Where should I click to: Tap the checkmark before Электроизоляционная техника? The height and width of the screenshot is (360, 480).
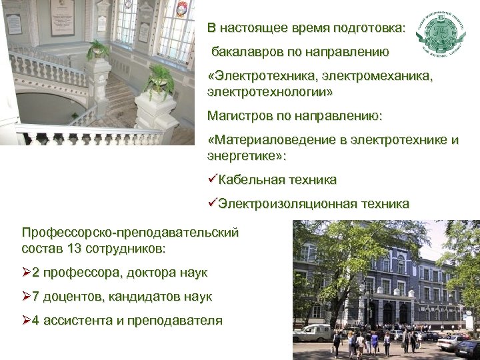(x=213, y=204)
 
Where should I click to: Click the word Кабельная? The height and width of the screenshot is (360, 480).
(x=250, y=180)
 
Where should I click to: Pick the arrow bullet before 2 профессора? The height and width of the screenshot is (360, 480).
(x=27, y=272)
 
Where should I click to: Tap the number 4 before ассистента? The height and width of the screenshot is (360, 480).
(x=35, y=320)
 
